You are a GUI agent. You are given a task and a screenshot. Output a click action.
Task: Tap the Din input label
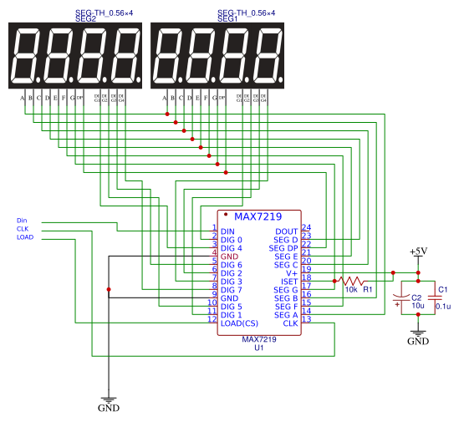pos(22,221)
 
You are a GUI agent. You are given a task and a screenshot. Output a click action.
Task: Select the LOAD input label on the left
pos(25,236)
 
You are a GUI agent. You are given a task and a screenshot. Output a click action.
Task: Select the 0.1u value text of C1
pos(443,306)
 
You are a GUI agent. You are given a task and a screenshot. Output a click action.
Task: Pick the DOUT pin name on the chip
pos(286,231)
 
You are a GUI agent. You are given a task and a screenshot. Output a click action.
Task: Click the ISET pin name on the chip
pos(289,282)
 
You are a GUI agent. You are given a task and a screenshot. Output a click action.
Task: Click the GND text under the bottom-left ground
pos(109,409)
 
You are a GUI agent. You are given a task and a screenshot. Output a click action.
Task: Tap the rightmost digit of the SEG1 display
pos(269,56)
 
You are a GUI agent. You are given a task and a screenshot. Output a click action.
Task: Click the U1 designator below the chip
pos(259,348)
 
